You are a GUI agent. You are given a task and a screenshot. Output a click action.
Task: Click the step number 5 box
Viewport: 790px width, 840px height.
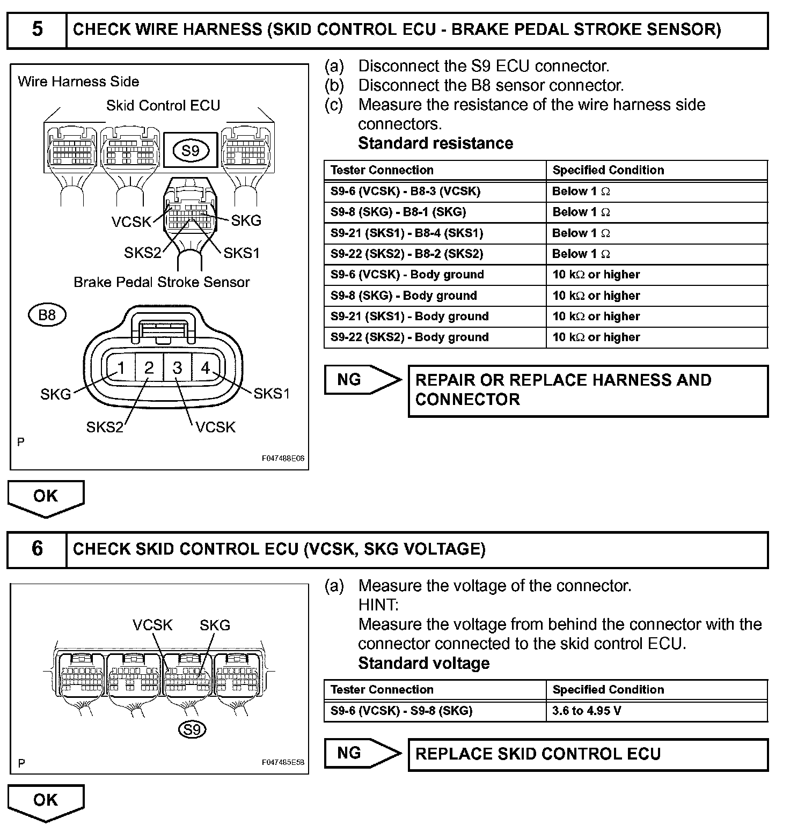pyautogui.click(x=36, y=30)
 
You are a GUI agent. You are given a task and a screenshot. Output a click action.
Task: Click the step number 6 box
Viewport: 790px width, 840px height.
pyautogui.click(x=36, y=549)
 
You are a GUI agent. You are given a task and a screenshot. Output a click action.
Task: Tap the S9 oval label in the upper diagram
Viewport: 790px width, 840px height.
pyautogui.click(x=191, y=151)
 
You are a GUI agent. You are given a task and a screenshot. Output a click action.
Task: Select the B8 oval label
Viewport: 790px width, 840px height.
pyautogui.click(x=47, y=315)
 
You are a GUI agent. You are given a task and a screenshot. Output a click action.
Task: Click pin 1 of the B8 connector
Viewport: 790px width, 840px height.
pyautogui.click(x=121, y=367)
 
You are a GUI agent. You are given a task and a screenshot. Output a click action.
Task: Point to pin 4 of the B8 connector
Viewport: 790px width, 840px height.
pyautogui.click(x=206, y=367)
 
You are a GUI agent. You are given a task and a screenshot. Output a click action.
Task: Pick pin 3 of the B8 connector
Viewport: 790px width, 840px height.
pyautogui.click(x=178, y=367)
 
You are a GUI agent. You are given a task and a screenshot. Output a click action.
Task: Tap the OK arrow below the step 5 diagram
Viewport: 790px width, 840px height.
pyautogui.click(x=46, y=497)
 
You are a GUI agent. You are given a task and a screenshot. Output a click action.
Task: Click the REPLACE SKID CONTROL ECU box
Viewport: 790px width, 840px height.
pyautogui.click(x=588, y=754)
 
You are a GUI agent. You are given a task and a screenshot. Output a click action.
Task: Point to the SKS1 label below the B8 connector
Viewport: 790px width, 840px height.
pyautogui.click(x=271, y=394)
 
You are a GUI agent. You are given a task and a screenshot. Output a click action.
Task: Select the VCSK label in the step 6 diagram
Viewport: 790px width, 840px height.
pyautogui.click(x=153, y=625)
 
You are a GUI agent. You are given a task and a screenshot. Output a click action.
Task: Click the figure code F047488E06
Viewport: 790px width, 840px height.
pyautogui.click(x=283, y=459)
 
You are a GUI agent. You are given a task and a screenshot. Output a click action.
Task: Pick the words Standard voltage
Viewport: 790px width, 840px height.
pyautogui.click(x=423, y=664)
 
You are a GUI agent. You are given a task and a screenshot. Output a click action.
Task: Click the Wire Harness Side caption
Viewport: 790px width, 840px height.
pyautogui.click(x=78, y=82)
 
